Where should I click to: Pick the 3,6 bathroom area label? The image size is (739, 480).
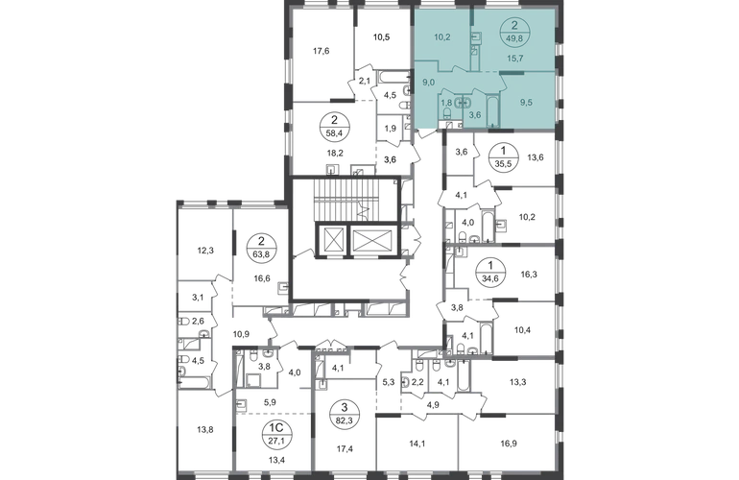click(x=473, y=114)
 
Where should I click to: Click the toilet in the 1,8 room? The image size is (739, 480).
click(x=446, y=112)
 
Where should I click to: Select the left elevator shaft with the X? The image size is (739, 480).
click(x=333, y=240)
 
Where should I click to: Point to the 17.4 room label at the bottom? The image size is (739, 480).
click(x=341, y=446)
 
